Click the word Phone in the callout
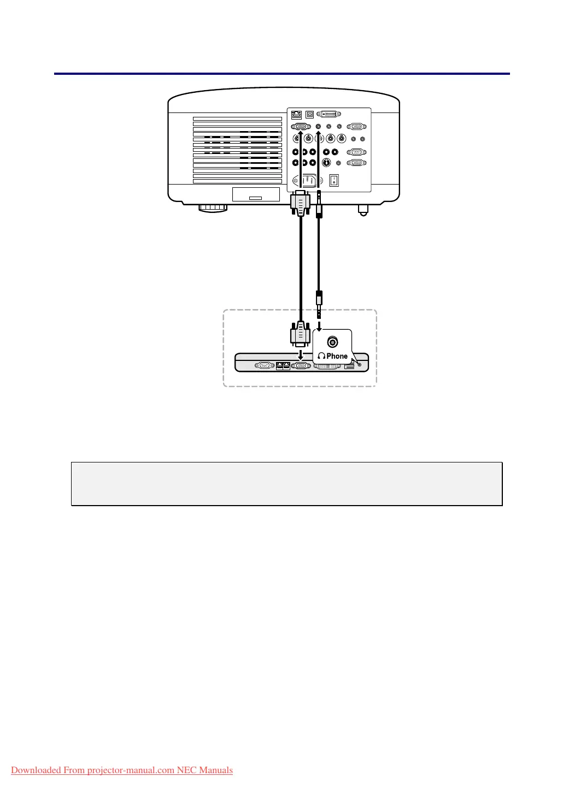337,356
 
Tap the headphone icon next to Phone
321,356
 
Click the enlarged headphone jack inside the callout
332,342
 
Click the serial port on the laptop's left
264,366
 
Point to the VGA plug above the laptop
300,334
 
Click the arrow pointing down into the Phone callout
320,326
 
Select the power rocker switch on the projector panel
334,180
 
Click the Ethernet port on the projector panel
297,115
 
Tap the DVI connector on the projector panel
329,115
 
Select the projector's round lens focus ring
213,207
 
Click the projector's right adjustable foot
361,209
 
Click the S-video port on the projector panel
326,163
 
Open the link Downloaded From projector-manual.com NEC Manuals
122,770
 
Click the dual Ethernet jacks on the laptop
283,366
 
